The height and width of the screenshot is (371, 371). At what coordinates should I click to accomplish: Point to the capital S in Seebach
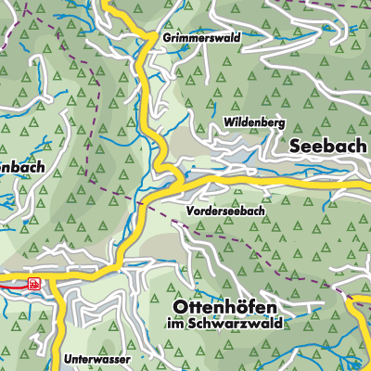(295, 147)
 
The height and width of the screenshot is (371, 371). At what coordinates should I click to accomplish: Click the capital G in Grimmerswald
(165, 39)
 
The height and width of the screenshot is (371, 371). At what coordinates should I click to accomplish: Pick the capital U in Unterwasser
(69, 357)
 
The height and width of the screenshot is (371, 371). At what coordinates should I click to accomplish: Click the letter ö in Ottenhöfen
(243, 306)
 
